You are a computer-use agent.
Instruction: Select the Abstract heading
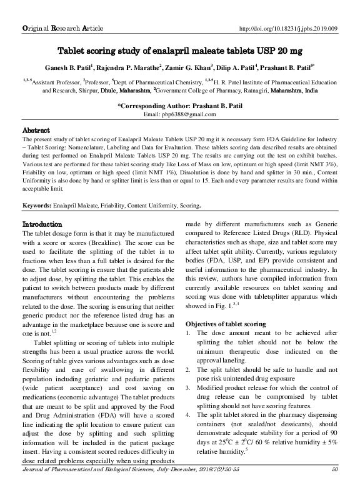(36, 131)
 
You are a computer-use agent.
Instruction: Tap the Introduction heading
(42, 224)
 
